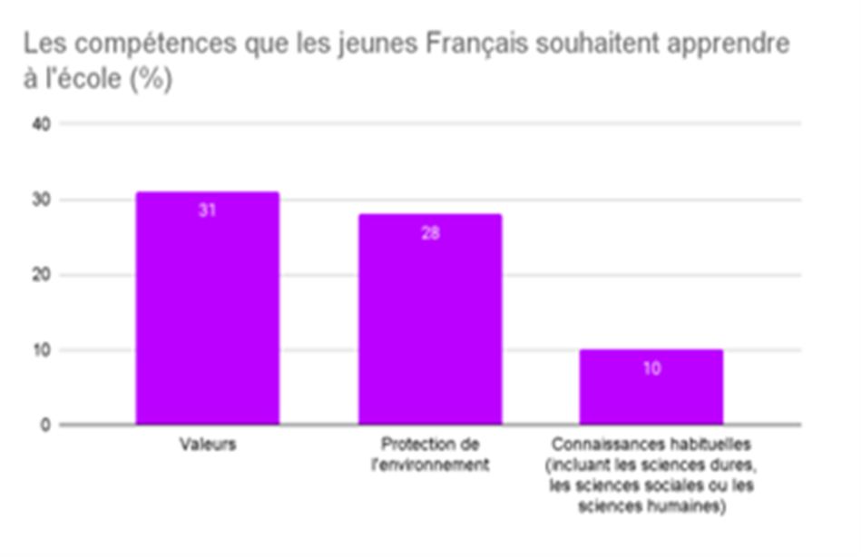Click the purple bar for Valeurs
pyautogui.click(x=208, y=308)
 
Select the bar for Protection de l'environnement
pyautogui.click(x=430, y=318)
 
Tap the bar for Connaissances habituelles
pyautogui.click(x=651, y=387)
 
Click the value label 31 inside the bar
pyautogui.click(x=207, y=210)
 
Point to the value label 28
pyautogui.click(x=430, y=233)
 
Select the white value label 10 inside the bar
pyautogui.click(x=652, y=368)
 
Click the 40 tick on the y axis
pyautogui.click(x=41, y=124)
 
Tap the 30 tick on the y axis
pyautogui.click(x=41, y=200)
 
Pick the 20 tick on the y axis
pyautogui.click(x=41, y=275)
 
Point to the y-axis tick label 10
pyautogui.click(x=42, y=349)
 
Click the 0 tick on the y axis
pyautogui.click(x=45, y=425)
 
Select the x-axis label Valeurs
pyautogui.click(x=208, y=445)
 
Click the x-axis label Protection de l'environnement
pyautogui.click(x=430, y=454)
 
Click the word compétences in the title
pyautogui.click(x=155, y=44)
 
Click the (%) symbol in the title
pyautogui.click(x=152, y=79)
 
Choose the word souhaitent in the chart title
pyautogui.click(x=598, y=44)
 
